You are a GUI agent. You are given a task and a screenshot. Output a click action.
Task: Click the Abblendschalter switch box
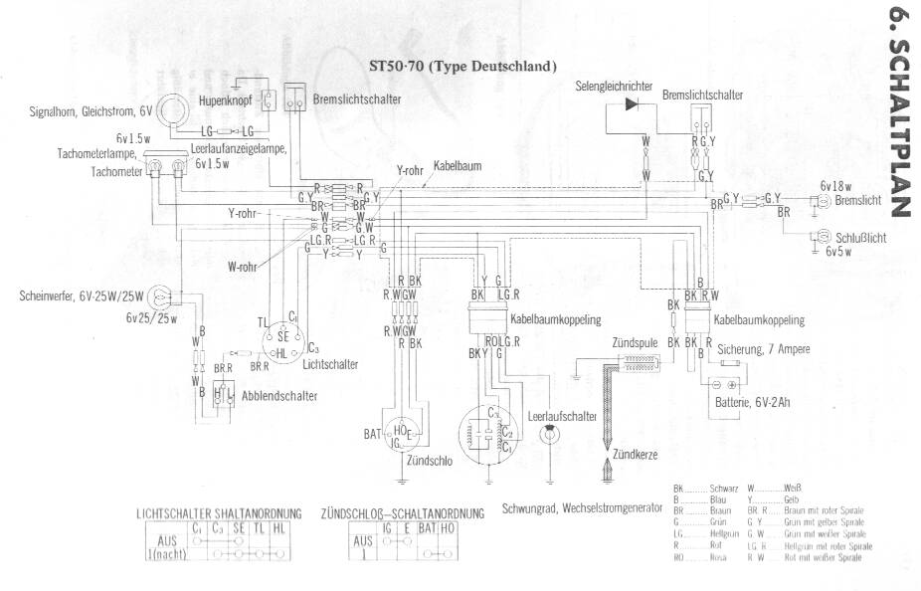223,393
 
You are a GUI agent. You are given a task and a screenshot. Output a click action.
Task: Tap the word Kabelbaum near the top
458,167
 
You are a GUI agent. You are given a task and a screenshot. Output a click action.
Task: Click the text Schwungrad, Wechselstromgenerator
582,506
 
